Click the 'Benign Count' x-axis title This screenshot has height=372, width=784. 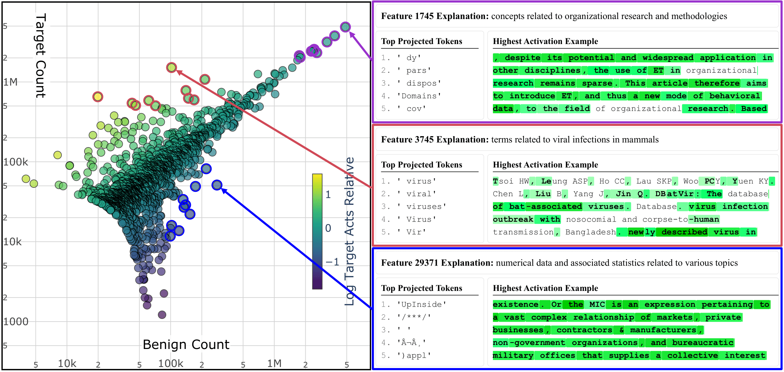(186, 344)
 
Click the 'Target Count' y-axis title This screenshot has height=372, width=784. (41, 56)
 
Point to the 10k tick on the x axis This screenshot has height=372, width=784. (67, 363)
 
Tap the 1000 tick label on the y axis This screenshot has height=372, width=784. (16, 322)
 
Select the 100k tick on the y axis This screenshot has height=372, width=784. (16, 162)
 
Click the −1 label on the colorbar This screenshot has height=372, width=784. (332, 262)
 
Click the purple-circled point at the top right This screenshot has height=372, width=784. (345, 27)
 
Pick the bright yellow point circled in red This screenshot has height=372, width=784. (97, 97)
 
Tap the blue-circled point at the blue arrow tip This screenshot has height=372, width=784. (217, 185)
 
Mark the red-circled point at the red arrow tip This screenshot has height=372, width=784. (172, 68)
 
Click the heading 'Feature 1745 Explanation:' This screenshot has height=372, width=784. (435, 16)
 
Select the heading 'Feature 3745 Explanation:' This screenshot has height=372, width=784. (435, 139)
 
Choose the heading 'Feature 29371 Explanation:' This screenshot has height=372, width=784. (437, 263)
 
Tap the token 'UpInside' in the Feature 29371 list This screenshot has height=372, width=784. (422, 304)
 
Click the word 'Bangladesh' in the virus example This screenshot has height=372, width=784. (590, 232)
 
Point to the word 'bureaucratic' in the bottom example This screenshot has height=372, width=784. (702, 343)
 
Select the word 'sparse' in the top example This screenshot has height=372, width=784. (597, 83)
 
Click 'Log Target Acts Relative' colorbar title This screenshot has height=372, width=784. (349, 231)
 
